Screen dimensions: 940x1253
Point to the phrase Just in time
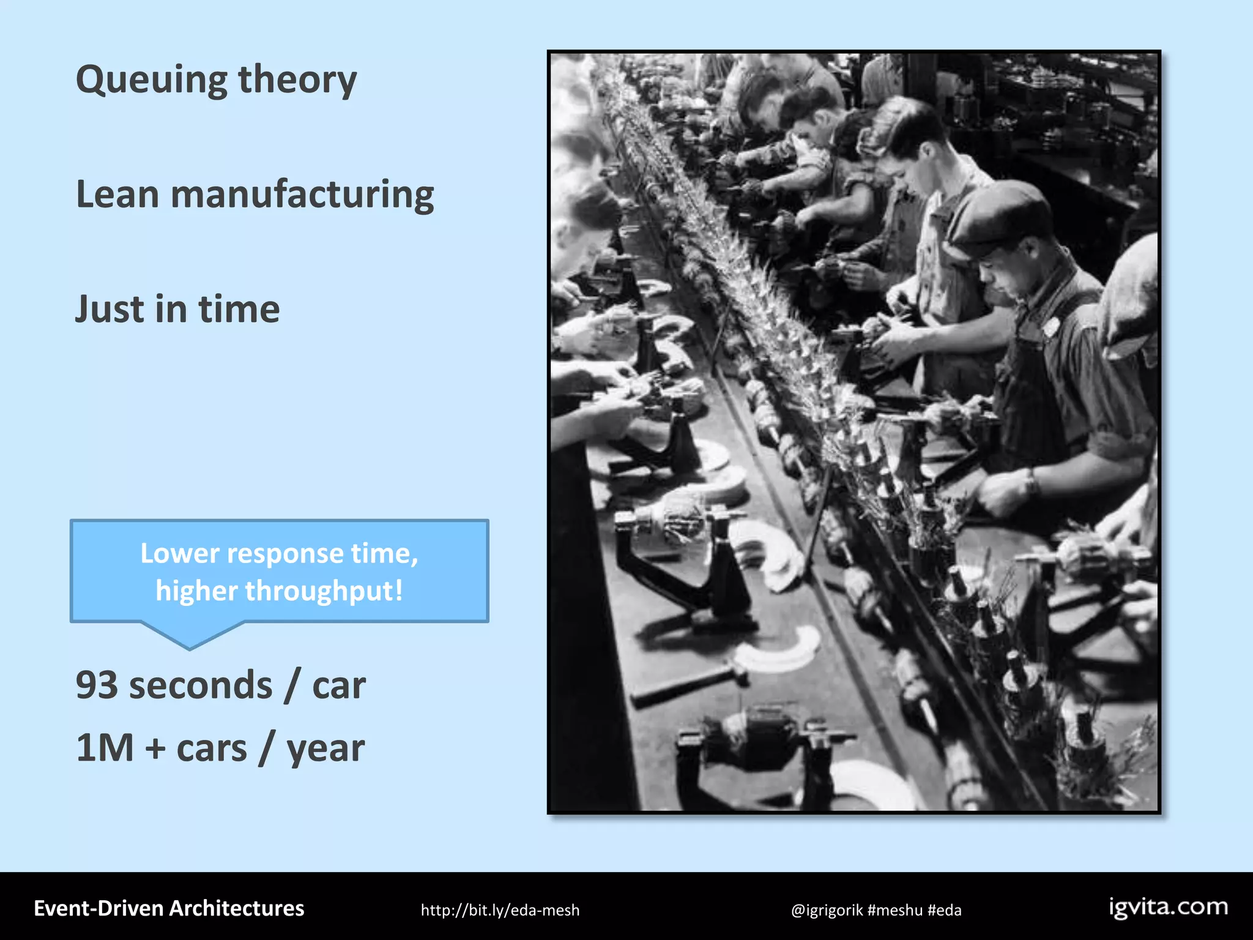pos(177,309)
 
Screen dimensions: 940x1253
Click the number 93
pos(97,685)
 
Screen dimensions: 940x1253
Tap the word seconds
pos(201,685)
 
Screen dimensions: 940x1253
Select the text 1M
pos(105,748)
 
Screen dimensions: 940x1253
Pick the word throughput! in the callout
pos(324,591)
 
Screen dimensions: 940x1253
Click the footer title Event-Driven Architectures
pos(169,909)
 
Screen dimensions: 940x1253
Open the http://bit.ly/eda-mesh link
pos(500,911)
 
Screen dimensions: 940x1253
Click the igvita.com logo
pos(1169,907)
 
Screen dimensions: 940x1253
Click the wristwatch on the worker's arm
pos(1032,483)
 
